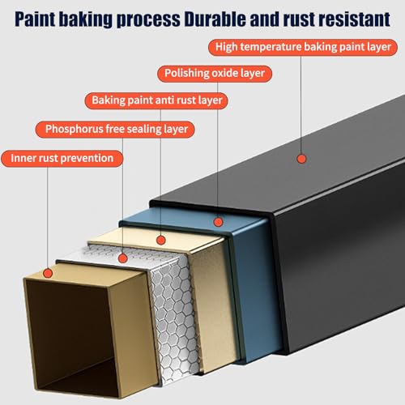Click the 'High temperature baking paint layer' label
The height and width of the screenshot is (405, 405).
pos(303,47)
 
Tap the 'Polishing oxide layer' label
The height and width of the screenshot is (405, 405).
pos(215,74)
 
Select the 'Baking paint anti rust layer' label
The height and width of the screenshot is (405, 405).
pos(156,100)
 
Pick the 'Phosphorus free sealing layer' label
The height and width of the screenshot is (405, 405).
pos(115,130)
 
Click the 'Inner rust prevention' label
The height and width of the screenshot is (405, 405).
pos(62,159)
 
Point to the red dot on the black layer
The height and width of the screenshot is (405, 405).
pos(301,159)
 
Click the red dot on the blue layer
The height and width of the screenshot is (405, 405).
pos(218,222)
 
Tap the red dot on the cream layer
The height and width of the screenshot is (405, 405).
pos(161,240)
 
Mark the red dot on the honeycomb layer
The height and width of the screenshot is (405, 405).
pos(123,258)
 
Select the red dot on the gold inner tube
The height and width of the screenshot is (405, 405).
pos(48,273)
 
